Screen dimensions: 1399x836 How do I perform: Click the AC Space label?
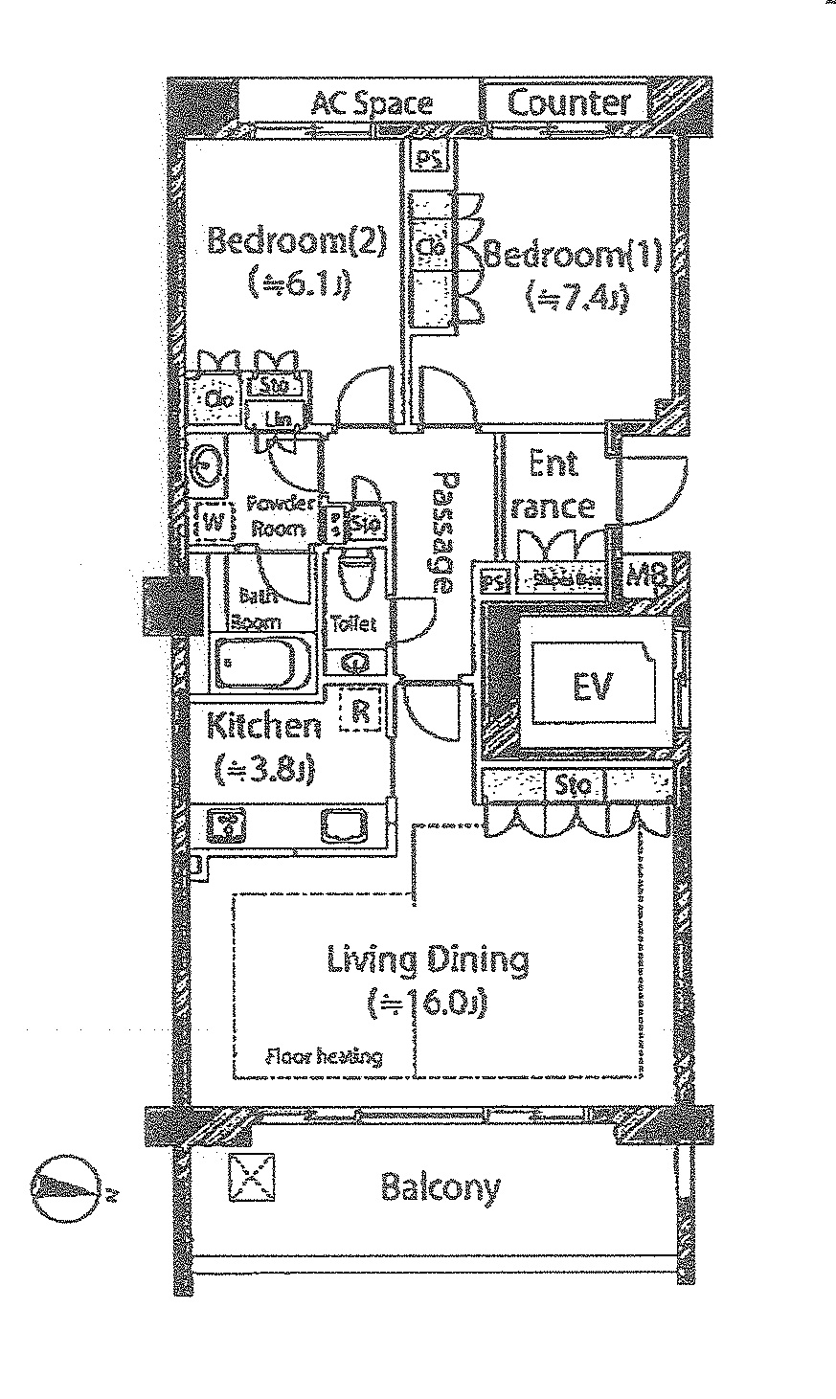click(x=372, y=102)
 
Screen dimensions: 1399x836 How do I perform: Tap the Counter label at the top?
click(x=569, y=102)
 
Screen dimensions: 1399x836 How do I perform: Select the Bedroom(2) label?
click(x=296, y=240)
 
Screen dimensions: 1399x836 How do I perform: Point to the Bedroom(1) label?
click(x=573, y=256)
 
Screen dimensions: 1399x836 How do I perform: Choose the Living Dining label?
click(x=428, y=959)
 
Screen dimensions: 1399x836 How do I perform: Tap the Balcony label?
click(x=441, y=1187)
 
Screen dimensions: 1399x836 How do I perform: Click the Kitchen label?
click(x=264, y=727)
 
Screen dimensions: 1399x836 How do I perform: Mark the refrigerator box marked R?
click(x=361, y=711)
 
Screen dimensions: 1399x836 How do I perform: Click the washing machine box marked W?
click(x=213, y=523)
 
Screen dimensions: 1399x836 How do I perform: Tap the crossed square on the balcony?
click(x=252, y=1176)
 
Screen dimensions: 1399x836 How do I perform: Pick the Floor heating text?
click(x=324, y=1057)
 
